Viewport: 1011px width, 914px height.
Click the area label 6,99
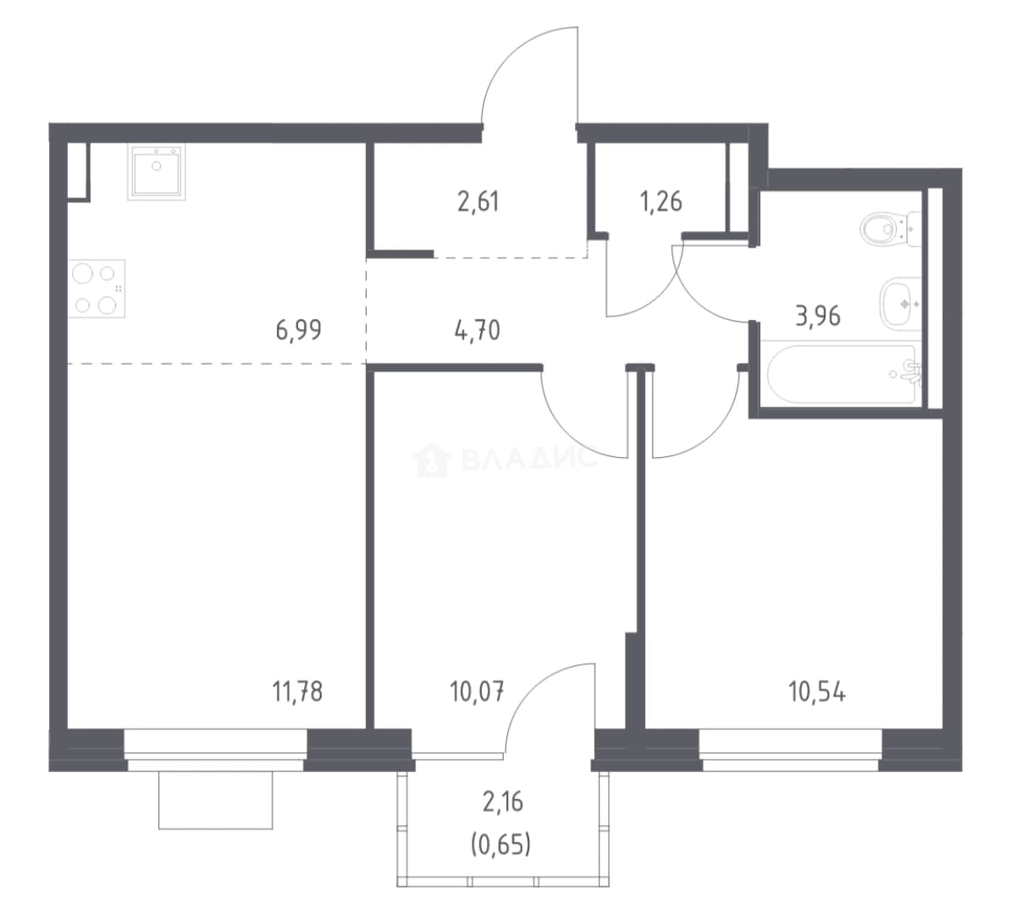click(x=298, y=330)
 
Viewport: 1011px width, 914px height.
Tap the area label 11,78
click(x=297, y=692)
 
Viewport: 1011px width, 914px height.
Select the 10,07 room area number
click(x=477, y=692)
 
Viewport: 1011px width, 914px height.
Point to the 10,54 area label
click(x=817, y=692)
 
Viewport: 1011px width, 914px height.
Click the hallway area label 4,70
click(x=477, y=331)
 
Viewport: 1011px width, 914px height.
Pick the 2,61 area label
click(x=478, y=201)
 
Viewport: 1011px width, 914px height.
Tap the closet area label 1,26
click(x=661, y=201)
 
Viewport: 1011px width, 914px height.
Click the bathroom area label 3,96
click(x=818, y=316)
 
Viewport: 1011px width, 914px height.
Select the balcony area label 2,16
click(x=503, y=802)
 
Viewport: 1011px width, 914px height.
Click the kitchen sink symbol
click(x=157, y=172)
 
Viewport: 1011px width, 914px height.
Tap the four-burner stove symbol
click(x=97, y=289)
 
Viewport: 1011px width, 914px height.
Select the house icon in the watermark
click(x=431, y=460)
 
